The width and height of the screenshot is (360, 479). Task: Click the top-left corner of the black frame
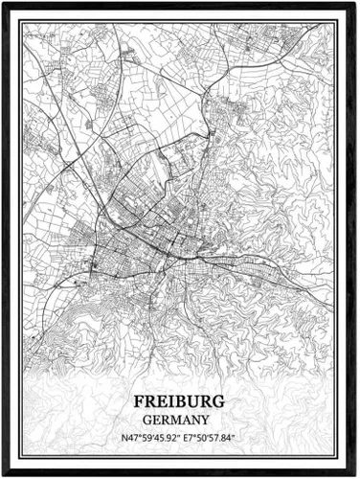(x=3, y=3)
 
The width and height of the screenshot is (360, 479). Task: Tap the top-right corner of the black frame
(x=356, y=3)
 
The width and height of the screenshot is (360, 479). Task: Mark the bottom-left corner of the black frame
(x=3, y=475)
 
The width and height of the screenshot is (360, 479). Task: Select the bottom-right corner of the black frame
(x=356, y=475)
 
